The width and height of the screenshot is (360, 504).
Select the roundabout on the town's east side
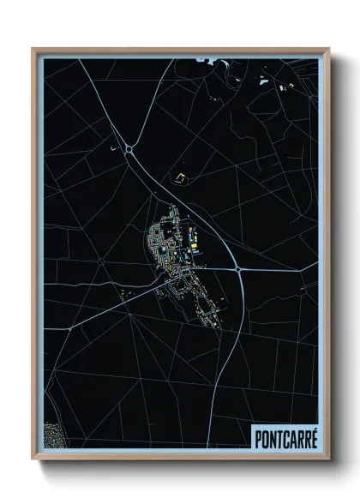tap(237, 269)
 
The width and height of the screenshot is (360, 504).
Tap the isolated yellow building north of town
tap(180, 177)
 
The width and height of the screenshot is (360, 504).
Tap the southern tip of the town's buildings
tap(211, 324)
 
